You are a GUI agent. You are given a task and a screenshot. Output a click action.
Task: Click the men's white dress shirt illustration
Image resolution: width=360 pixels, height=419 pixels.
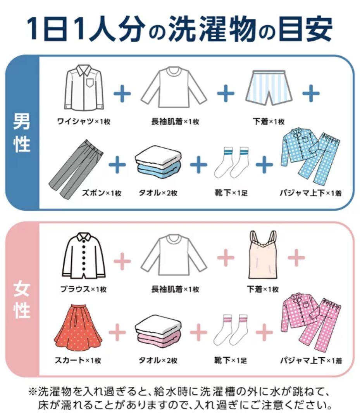pos(84,88)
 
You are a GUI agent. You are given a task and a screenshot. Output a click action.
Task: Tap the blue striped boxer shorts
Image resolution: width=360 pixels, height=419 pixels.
pos(269,88)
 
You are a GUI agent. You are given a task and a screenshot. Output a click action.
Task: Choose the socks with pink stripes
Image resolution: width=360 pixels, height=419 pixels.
pos(232,329)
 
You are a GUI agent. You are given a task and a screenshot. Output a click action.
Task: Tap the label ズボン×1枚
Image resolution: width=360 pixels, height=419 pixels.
pos(102,193)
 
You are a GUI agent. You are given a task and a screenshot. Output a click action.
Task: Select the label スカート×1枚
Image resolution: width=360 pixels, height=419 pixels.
pos(78,360)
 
